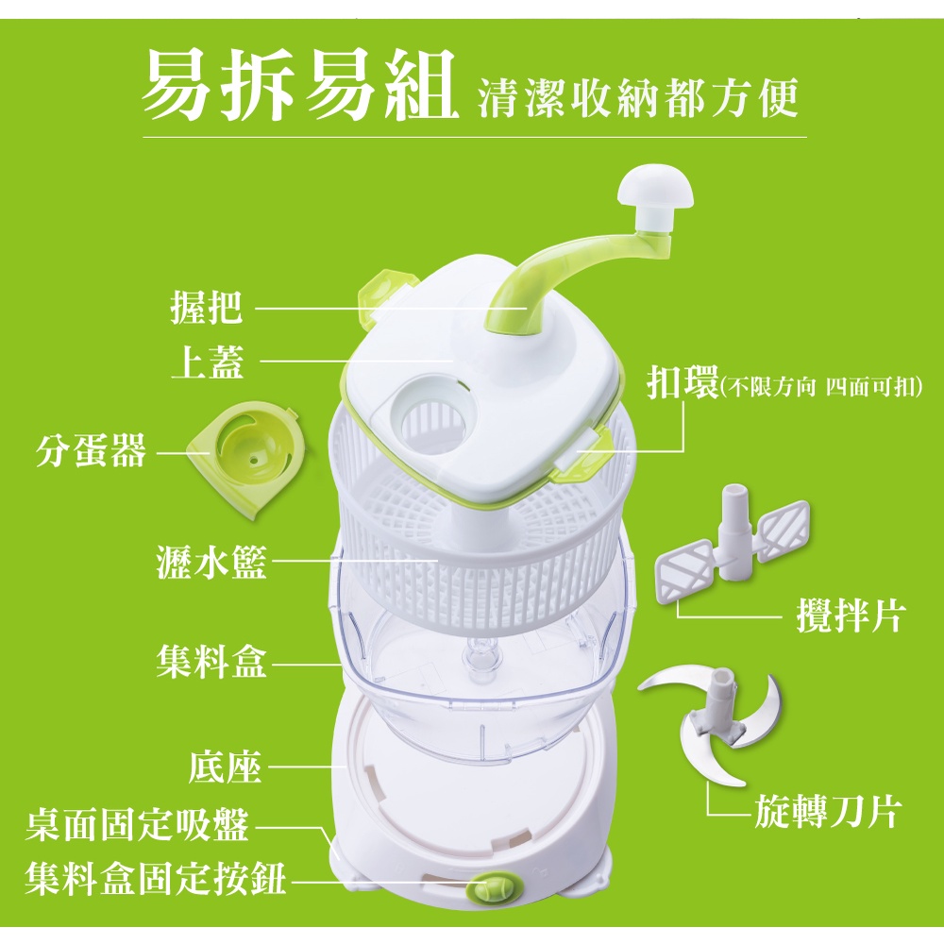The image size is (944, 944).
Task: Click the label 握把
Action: [207, 307]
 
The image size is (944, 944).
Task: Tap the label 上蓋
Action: [208, 362]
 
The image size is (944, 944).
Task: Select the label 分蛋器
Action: [91, 450]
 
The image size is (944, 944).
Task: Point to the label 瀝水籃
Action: [211, 561]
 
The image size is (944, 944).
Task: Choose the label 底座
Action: [226, 767]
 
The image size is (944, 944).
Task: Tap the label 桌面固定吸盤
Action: [137, 824]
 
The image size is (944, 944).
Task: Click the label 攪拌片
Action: [851, 615]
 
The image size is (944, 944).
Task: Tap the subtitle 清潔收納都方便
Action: [638, 96]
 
